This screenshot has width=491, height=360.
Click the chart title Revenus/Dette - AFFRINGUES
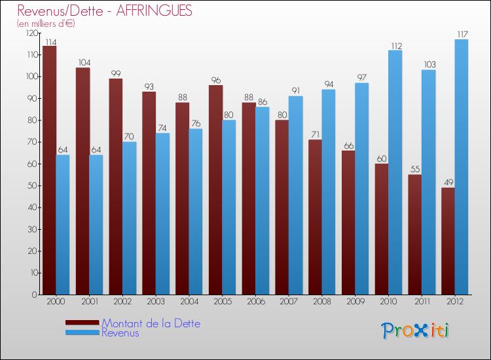pos(105,11)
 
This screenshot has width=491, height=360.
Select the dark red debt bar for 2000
pos(50,170)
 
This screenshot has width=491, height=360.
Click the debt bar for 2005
pos(216,190)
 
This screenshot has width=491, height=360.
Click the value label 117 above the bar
pos(462,34)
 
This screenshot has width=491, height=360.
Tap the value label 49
pos(448,183)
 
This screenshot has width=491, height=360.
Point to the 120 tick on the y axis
pos(31,33)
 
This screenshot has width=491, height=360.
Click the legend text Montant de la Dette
pos(151,323)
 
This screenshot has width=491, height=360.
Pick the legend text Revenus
pos(120,333)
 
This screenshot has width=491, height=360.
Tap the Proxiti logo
pos(416,331)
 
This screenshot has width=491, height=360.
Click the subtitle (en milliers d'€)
pos(46,24)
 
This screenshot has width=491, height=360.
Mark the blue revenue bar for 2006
pos(263,200)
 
